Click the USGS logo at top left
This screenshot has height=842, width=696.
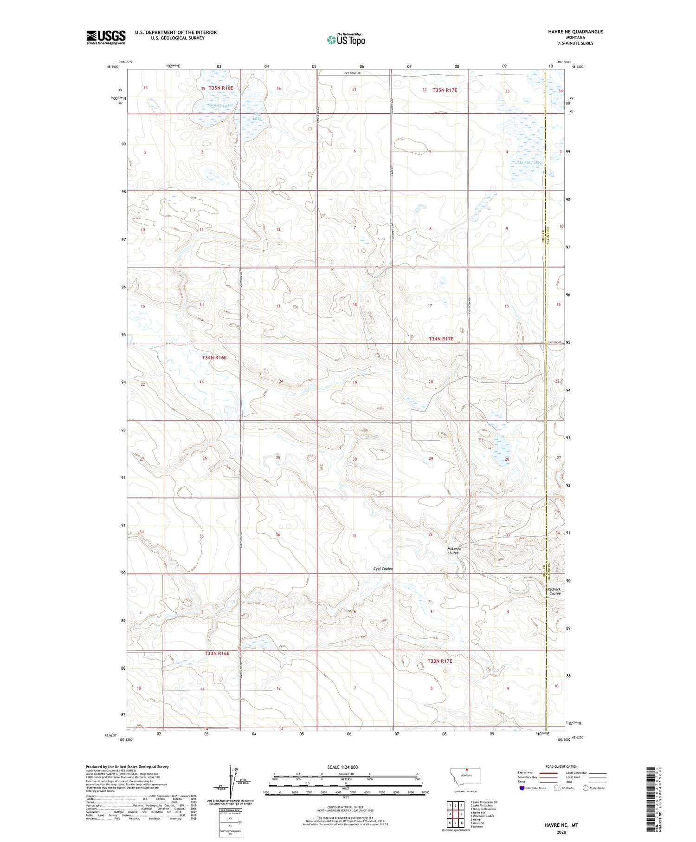[106, 37]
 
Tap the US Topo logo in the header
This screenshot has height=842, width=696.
[346, 40]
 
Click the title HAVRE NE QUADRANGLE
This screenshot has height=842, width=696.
[575, 32]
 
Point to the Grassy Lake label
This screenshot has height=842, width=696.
[220, 106]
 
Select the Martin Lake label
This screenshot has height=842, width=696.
[528, 163]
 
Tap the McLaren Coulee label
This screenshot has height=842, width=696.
[453, 551]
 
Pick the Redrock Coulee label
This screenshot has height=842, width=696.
[554, 591]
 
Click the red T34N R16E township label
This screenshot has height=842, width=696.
[214, 358]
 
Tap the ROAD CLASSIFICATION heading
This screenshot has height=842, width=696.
[561, 766]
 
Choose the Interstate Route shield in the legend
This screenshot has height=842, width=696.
[522, 788]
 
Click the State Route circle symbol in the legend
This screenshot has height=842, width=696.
[586, 788]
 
